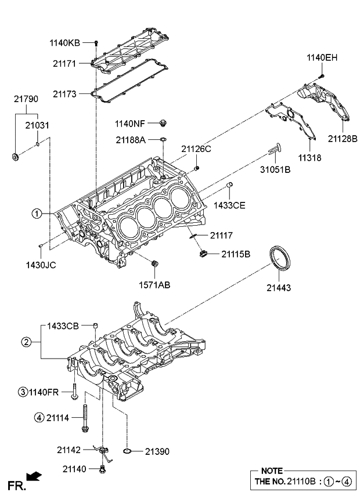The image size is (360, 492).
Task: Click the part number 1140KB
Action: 65,43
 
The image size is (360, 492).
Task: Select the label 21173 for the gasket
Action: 64,93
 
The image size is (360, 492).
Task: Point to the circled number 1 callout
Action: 37,214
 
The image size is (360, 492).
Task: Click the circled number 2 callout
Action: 26,342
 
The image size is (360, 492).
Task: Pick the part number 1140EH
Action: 322,57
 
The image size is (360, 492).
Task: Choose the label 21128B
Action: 342,138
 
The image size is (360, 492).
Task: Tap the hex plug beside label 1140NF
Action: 163,122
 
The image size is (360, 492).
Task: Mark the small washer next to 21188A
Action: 164,140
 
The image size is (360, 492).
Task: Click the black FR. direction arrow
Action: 34,476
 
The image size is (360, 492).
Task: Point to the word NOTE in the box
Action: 272,471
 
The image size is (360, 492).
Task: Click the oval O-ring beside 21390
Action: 130,450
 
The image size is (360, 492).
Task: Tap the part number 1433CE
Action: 229,205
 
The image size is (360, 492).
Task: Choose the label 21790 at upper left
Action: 26,99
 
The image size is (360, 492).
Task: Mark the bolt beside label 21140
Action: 103,468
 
